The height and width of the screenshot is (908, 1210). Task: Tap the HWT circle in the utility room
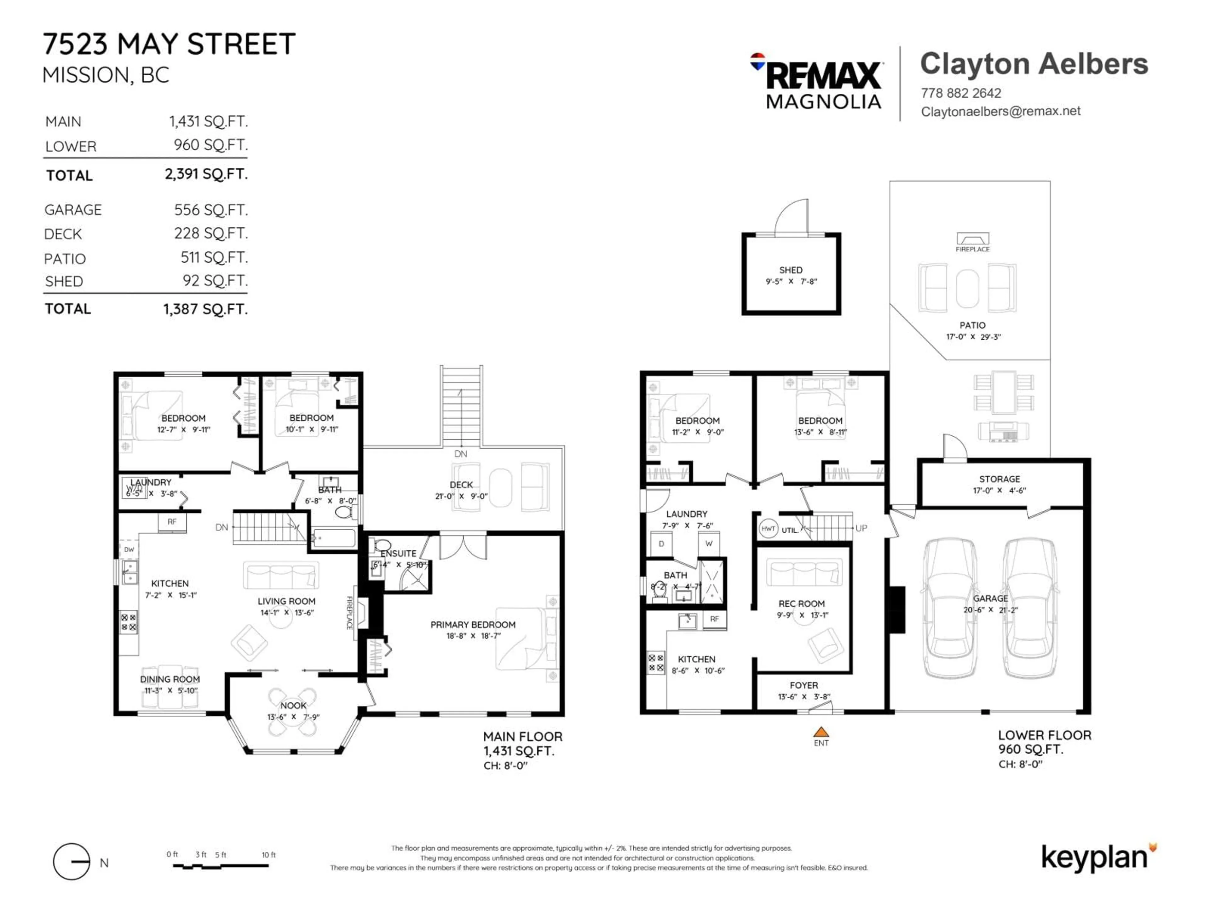point(768,529)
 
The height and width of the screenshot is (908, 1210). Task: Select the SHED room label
point(790,270)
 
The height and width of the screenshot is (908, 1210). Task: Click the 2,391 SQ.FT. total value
point(206,174)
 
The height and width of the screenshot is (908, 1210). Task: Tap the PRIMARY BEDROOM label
point(473,625)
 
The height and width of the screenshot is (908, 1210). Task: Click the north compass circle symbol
point(72,861)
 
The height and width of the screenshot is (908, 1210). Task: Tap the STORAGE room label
point(1000,479)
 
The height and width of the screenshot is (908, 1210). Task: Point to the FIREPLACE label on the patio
point(972,249)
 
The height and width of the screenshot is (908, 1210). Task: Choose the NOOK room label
point(293,706)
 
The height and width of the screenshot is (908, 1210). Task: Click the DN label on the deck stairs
point(461,454)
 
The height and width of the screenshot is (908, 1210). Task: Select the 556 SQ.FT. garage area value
point(210,210)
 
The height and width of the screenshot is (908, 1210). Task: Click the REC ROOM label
point(801,604)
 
